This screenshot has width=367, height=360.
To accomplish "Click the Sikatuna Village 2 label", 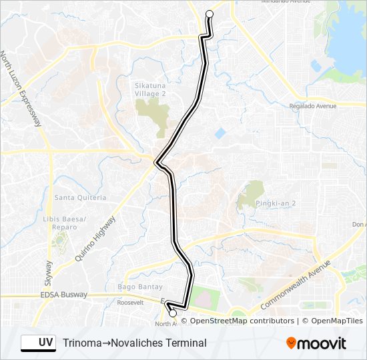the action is pos(150,90).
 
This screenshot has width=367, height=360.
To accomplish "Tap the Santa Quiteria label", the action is pos(80,197).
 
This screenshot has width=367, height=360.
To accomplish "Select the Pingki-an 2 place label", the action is pos(262,203).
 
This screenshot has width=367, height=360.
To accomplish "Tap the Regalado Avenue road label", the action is pos(312,106).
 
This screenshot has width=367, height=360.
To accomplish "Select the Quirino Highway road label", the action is pos(95,237).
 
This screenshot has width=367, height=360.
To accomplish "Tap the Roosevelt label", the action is pos(130,301).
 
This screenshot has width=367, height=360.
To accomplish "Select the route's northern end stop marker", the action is pos(210,14).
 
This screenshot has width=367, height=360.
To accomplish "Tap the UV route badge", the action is pos(38,343).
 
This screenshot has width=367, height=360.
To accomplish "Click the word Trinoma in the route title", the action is pos(81,343).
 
